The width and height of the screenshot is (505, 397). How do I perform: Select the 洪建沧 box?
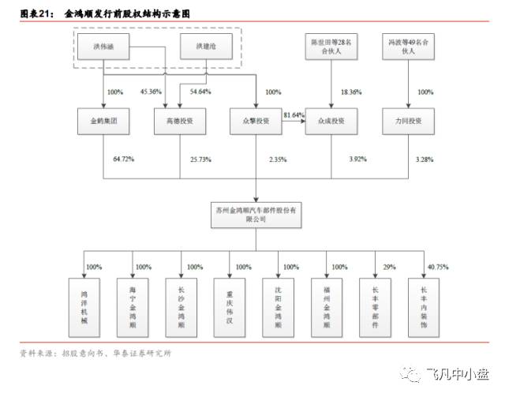(x=200, y=47)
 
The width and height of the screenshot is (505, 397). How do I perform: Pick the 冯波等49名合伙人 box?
(x=407, y=47)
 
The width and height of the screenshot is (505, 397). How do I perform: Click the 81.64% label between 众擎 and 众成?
(x=293, y=115)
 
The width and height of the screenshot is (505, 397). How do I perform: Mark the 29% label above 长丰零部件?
(x=389, y=267)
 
